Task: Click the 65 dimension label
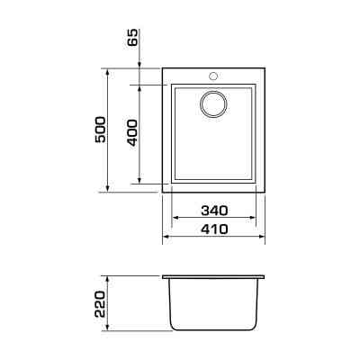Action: tap(132, 37)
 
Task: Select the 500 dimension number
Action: tap(100, 130)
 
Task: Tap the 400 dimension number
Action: tap(132, 132)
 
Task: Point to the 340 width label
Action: tap(214, 211)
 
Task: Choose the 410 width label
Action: tap(214, 229)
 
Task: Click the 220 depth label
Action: tap(100, 303)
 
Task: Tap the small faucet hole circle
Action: tap(213, 76)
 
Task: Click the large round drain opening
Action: tap(213, 103)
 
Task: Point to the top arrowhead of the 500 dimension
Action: tap(107, 73)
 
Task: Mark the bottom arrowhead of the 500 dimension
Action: tap(107, 187)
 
